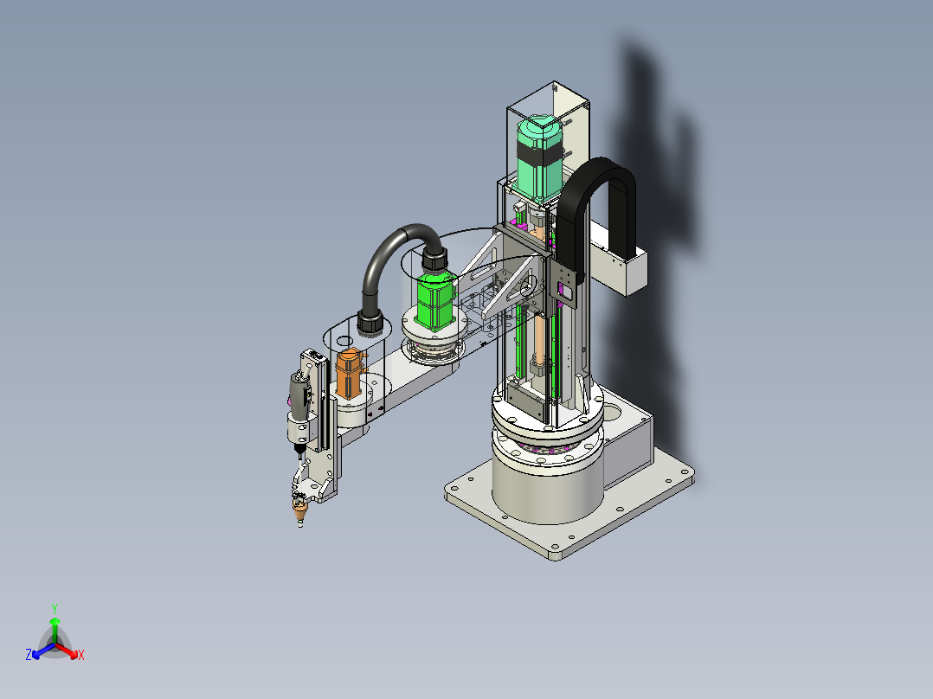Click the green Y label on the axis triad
pyautogui.click(x=54, y=607)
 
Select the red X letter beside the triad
pyautogui.click(x=81, y=656)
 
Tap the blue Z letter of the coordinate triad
pyautogui.click(x=29, y=656)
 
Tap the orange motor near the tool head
pyautogui.click(x=350, y=374)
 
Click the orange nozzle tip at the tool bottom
pyautogui.click(x=300, y=515)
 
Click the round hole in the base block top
pyautogui.click(x=612, y=405)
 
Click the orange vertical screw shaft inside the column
pyautogui.click(x=537, y=342)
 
